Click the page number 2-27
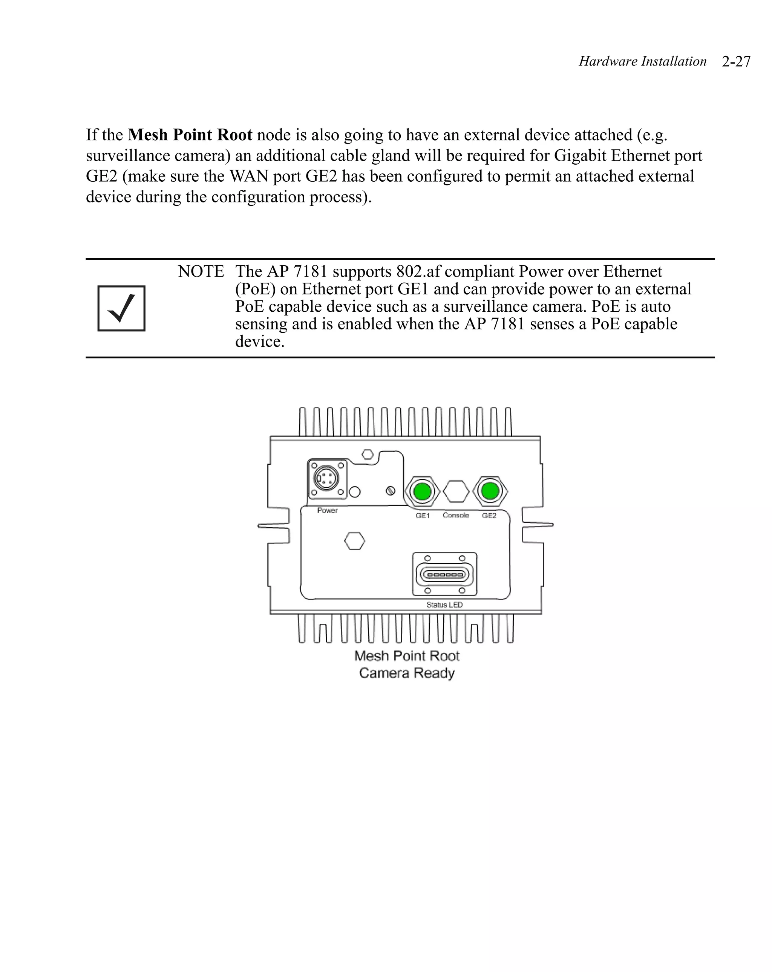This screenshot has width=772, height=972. (735, 61)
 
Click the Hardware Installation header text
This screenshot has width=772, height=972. (642, 61)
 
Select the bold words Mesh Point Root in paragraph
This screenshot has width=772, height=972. (190, 135)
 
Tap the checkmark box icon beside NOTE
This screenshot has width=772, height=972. (121, 308)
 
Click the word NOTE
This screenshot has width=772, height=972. (201, 271)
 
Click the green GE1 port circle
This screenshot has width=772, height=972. (422, 491)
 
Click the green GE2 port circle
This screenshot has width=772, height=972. (490, 490)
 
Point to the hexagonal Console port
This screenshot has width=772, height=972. (456, 491)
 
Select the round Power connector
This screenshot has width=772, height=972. (326, 479)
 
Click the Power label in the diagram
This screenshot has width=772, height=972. (327, 510)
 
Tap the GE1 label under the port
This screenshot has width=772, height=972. (423, 515)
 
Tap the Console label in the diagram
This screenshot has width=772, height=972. (455, 515)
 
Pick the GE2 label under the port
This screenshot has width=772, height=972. (489, 515)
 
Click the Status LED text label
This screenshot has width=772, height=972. (444, 605)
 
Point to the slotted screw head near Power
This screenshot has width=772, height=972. (391, 490)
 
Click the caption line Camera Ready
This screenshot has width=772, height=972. (407, 673)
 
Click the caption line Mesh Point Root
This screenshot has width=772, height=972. (407, 655)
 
